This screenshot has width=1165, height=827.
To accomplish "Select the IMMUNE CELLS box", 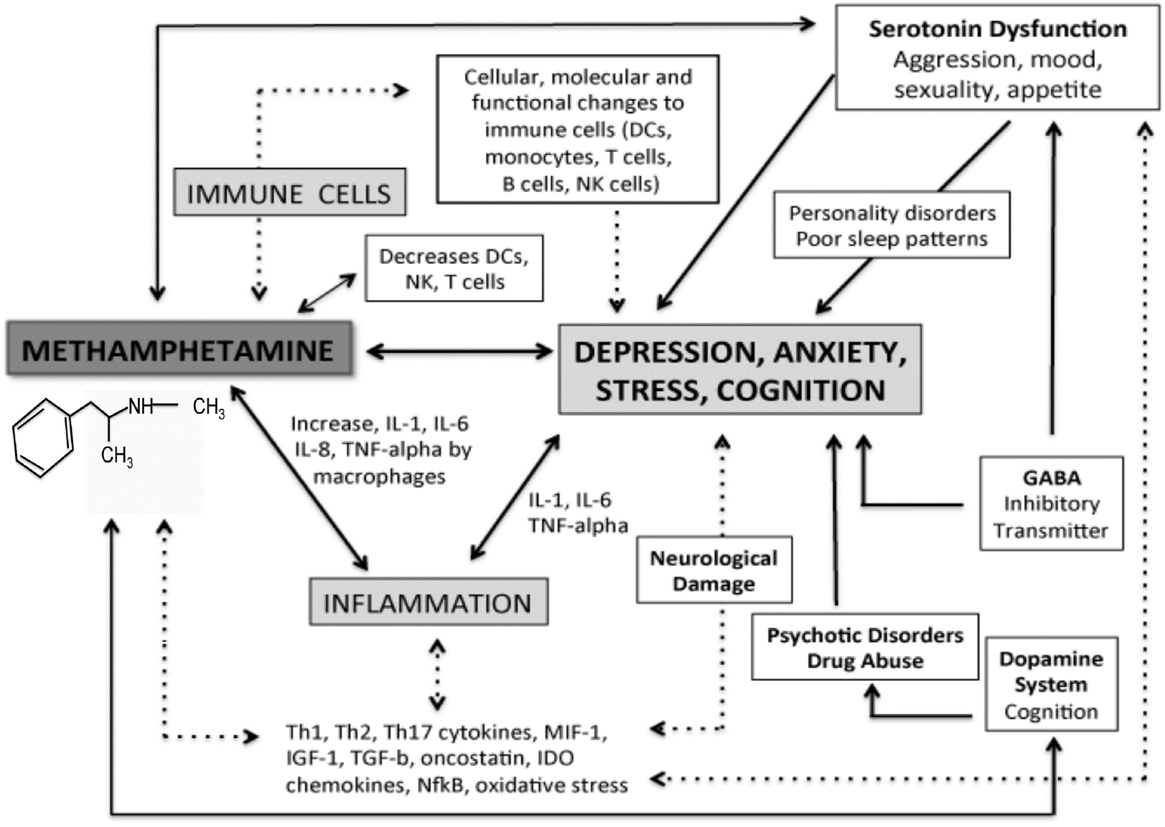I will click(290, 193).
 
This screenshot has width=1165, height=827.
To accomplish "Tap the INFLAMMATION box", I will click(428, 602).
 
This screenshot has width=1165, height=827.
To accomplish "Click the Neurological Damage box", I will click(714, 570).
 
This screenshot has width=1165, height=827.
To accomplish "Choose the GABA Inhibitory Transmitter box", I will click(1051, 504).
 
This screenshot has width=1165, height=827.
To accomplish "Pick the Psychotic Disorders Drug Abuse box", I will click(864, 647).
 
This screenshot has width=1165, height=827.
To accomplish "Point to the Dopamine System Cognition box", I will click(1051, 684).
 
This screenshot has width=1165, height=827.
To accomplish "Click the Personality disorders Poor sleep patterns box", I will click(891, 225).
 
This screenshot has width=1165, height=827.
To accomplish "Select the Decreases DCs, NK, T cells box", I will click(454, 268).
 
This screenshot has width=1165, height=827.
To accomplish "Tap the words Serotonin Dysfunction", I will click(997, 29).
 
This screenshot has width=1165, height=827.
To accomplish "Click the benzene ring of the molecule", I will click(43, 438).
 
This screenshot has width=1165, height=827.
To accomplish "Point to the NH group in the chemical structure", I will click(140, 406).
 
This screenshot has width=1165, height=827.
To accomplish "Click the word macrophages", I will click(379, 476).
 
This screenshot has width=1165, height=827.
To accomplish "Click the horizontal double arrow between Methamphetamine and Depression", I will click(460, 351).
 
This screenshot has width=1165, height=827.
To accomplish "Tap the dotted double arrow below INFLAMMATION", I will click(437, 674).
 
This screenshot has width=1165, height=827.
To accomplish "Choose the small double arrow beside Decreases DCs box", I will click(327, 293).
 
